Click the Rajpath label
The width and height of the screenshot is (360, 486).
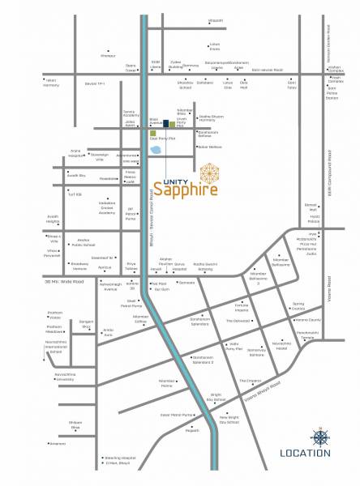pos(192,430)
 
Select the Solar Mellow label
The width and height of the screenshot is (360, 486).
pos(210,147)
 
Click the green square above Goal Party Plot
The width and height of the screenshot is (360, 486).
pos(152,131)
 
